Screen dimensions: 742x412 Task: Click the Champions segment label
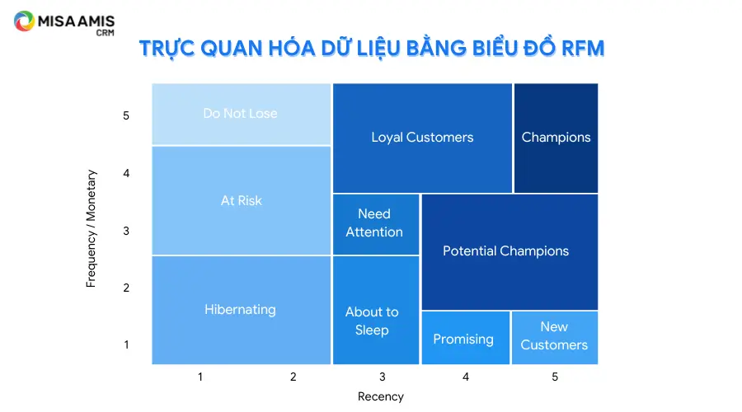pyautogui.click(x=556, y=137)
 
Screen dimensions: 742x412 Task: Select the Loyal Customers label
pyautogui.click(x=422, y=137)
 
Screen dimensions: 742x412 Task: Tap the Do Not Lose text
pyautogui.click(x=241, y=114)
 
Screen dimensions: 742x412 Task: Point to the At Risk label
pyautogui.click(x=242, y=200)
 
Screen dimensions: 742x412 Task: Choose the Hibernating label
pyautogui.click(x=241, y=309)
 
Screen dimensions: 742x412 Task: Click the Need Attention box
pyautogui.click(x=376, y=224)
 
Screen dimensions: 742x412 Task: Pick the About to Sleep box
pyautogui.click(x=376, y=311)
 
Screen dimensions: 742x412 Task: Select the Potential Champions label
pyautogui.click(x=506, y=250)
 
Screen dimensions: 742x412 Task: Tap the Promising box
pyautogui.click(x=466, y=338)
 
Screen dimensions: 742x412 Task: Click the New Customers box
pyautogui.click(x=555, y=338)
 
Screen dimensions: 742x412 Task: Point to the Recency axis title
pyautogui.click(x=381, y=396)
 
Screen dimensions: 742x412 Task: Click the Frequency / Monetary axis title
pyautogui.click(x=91, y=228)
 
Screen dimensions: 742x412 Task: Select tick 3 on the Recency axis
pyautogui.click(x=383, y=377)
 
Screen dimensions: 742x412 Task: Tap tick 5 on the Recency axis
pyautogui.click(x=555, y=377)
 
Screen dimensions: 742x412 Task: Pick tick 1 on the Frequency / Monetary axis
pyautogui.click(x=126, y=344)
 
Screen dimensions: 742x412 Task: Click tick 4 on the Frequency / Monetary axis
pyautogui.click(x=126, y=173)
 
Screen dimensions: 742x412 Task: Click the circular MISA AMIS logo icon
pyautogui.click(x=24, y=21)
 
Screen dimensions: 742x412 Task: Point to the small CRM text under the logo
pyautogui.click(x=105, y=33)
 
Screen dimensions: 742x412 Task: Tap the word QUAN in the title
pyautogui.click(x=231, y=49)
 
